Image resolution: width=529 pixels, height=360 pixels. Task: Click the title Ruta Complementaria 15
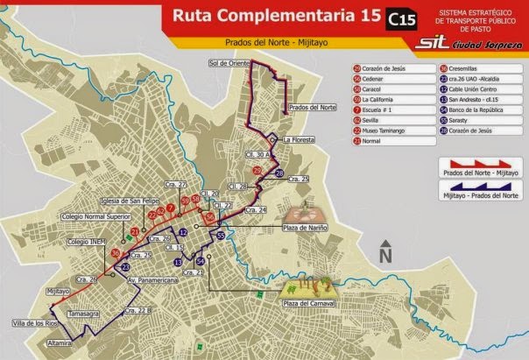262,15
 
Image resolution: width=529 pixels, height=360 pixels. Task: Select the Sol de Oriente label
229,63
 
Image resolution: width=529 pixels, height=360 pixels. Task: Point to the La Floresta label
299,138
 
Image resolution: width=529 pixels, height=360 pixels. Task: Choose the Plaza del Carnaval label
306,303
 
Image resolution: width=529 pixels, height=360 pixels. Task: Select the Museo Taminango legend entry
381,130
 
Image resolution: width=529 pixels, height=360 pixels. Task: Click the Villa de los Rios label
32,325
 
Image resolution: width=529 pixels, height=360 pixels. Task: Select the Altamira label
61,344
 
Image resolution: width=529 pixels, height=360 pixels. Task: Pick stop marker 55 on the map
222,236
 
